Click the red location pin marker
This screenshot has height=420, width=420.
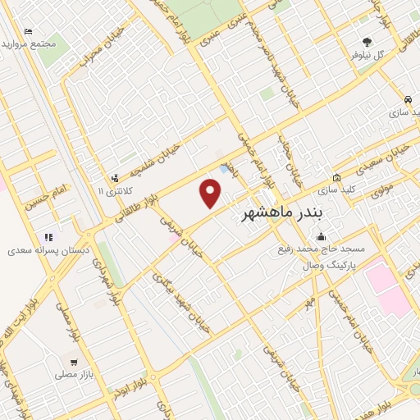coord(212,194)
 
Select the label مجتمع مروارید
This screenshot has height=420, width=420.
coord(52,43)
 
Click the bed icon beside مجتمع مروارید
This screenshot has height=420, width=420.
coord(29,32)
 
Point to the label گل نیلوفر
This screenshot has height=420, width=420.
coord(368,55)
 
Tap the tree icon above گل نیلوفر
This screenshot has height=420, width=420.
coord(367,41)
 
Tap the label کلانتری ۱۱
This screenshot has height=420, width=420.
coord(113,190)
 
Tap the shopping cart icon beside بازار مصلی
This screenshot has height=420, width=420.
coord(75,361)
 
